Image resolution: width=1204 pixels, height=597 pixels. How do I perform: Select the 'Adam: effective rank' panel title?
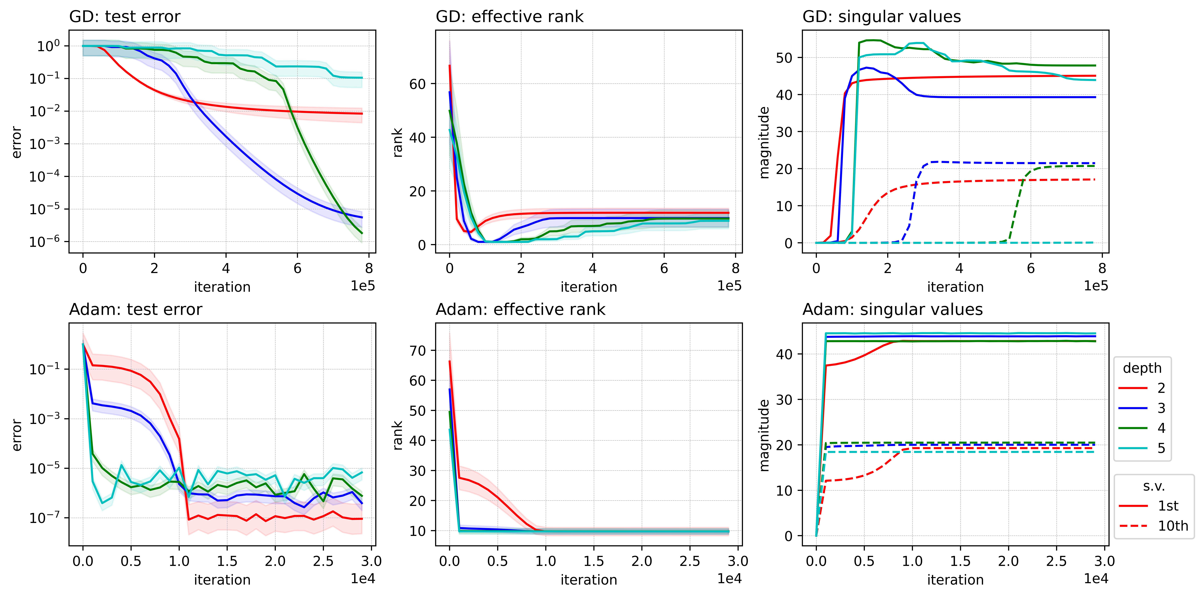click(520, 309)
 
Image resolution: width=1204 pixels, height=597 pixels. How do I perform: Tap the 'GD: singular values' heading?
click(881, 17)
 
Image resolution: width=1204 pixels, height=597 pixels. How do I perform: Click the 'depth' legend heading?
click(1142, 368)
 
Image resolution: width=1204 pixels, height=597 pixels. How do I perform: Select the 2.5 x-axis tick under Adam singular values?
click(1056, 561)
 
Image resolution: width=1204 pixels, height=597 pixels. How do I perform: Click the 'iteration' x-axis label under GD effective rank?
click(588, 287)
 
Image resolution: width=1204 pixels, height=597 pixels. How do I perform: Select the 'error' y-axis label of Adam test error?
click(17, 435)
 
